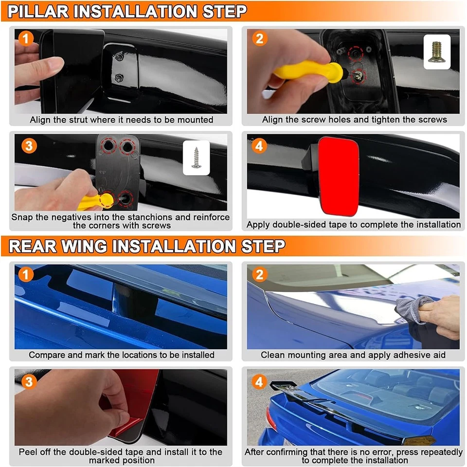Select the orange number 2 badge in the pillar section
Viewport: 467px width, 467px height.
click(259, 38)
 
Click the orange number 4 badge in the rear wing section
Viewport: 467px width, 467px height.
click(259, 381)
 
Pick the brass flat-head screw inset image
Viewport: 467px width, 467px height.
click(437, 52)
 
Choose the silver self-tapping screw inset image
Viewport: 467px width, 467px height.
click(196, 158)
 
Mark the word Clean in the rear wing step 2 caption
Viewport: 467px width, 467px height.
click(272, 355)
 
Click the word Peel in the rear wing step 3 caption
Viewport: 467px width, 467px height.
click(28, 452)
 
